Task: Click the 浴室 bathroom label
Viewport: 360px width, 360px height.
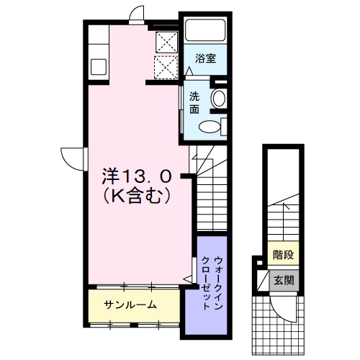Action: pos(205,58)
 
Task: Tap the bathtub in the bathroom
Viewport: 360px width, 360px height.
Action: pos(205,30)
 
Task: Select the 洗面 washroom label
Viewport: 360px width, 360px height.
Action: pos(194,103)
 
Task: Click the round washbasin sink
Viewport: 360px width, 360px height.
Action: pos(218,98)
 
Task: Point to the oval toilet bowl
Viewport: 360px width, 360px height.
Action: pos(210,127)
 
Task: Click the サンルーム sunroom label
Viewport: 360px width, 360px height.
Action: pos(130,305)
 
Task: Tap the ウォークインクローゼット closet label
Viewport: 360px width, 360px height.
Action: pos(212,283)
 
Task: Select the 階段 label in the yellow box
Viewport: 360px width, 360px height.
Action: pos(283,254)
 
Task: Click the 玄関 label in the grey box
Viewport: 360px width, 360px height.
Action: pos(284,280)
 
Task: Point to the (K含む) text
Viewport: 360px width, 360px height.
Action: pos(137,196)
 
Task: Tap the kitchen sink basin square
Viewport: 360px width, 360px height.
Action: pos(99,66)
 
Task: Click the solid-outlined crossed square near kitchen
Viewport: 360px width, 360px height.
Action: pos(167,42)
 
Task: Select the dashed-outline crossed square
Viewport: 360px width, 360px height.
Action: pos(166,67)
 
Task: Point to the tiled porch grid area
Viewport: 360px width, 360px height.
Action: pos(278,325)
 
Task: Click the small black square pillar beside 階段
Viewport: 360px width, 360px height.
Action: pos(260,262)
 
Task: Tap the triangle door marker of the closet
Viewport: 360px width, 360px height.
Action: pos(188,279)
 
